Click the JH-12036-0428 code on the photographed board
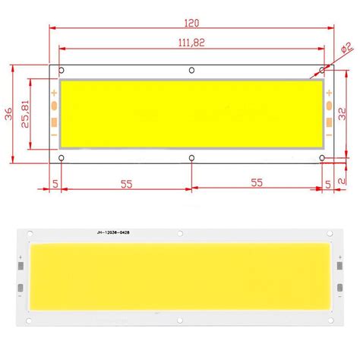(118, 232)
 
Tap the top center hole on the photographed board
(180, 232)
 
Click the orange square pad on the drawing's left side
(55, 122)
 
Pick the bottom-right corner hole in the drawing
(322, 158)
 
